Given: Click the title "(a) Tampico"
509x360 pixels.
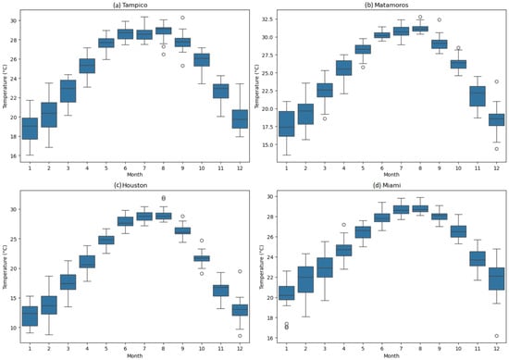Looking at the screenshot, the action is tap(134, 5).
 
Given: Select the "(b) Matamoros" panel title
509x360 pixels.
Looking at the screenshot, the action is tap(391, 5).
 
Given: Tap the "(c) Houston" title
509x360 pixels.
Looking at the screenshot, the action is tap(134, 185).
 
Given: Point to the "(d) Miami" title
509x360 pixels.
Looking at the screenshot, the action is tap(391, 185).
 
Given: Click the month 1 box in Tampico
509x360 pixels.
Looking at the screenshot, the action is tap(30, 129).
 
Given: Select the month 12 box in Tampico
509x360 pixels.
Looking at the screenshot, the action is tap(240, 119).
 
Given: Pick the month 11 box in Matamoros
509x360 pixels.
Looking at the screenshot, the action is tap(478, 96).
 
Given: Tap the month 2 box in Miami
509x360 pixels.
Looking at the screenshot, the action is tap(305, 279).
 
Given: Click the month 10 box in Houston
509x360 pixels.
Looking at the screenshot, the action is tap(202, 258).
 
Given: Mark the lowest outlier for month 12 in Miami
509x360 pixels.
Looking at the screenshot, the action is tap(497, 336).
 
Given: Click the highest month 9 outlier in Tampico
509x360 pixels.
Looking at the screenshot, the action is tap(182, 18).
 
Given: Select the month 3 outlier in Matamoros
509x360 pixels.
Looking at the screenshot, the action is tap(325, 118).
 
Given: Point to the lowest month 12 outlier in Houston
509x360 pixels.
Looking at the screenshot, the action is tap(240, 336).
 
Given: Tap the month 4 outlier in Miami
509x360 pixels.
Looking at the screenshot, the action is tap(343, 225).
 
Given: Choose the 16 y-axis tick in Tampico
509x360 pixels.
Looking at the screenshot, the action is tap(14, 155).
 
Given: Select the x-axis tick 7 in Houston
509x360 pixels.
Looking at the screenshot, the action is tap(144, 349).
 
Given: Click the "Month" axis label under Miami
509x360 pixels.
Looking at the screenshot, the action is tap(391, 355).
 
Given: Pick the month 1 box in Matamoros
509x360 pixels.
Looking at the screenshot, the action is tap(286, 124).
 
